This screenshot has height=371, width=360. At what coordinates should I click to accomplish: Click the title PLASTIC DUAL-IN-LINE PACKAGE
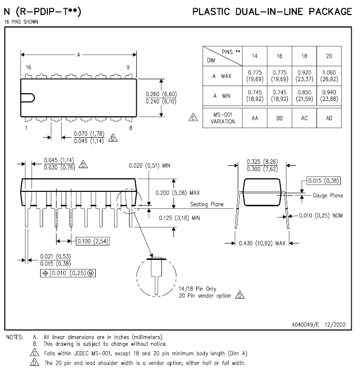(272, 12)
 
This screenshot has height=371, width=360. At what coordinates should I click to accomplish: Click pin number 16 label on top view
(28, 68)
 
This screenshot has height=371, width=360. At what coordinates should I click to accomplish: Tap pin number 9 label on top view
(128, 68)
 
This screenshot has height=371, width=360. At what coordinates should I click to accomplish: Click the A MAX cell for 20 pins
(329, 76)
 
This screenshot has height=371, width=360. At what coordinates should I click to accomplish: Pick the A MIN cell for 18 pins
(304, 96)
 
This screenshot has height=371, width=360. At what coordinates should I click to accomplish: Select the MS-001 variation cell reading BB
(279, 118)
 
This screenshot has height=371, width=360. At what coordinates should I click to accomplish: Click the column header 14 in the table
(255, 56)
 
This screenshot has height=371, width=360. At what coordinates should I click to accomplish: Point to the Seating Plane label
(207, 204)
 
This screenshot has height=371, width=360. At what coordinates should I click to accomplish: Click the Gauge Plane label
(327, 196)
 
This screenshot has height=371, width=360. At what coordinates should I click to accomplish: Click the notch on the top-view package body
(29, 97)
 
